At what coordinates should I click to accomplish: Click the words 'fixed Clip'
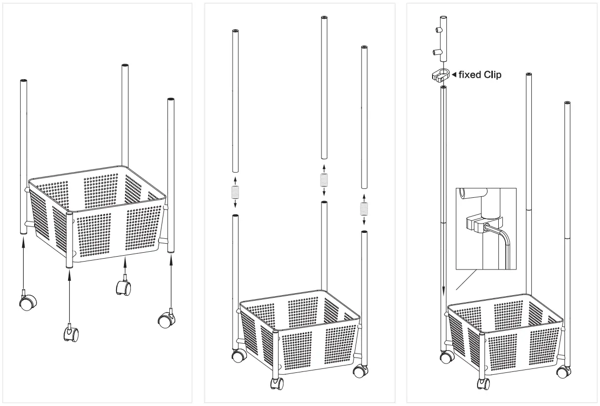point(480,75)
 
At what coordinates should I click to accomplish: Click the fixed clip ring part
point(439,75)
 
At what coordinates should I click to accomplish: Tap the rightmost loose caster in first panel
point(166,319)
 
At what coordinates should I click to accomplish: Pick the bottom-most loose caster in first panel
point(70,334)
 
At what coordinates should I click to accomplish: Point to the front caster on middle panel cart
point(277,384)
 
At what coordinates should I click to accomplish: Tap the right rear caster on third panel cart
point(561,371)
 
